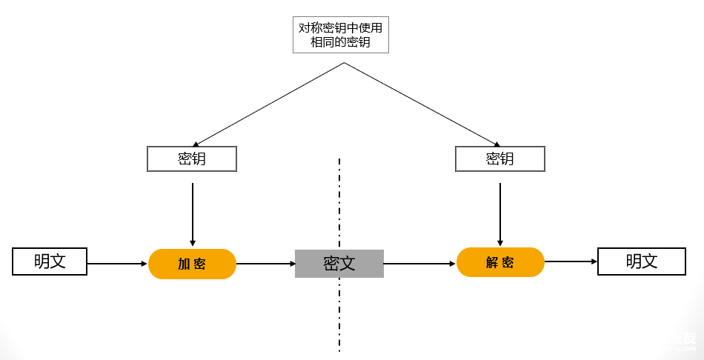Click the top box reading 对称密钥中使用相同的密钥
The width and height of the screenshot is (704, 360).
[341, 35]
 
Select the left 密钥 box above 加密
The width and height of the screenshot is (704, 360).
[192, 159]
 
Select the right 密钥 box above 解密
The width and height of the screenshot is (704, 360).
[499, 159]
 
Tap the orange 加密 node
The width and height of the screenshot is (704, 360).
[192, 264]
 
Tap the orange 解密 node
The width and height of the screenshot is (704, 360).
[500, 262]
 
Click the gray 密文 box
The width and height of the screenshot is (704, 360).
[339, 263]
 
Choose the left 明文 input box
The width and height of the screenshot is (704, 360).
[50, 261]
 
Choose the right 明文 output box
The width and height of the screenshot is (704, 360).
[642, 261]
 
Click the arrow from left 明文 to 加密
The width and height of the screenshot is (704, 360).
[117, 263]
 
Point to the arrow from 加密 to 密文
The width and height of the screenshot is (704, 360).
[265, 263]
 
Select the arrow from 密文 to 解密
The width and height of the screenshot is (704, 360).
[419, 263]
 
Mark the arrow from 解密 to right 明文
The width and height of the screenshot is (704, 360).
[571, 261]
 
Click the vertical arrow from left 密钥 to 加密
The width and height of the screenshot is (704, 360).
[193, 213]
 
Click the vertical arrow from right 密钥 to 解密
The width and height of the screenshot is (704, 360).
[500, 213]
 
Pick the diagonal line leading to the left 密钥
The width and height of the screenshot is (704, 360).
[268, 104]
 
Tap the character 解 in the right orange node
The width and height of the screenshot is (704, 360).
[492, 263]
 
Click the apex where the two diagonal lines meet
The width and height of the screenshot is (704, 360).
[344, 63]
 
